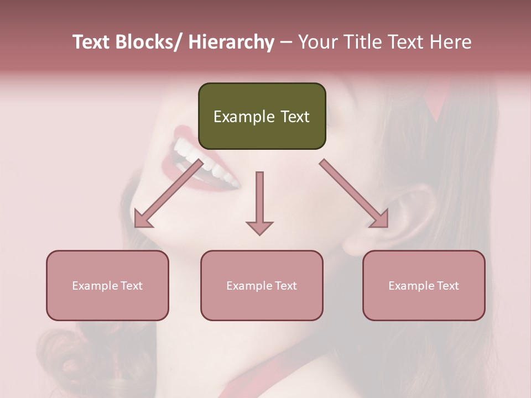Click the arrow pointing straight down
coord(259,199)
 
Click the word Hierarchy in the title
coord(231,42)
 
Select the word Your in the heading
coord(318,42)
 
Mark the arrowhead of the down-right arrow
coord(381,220)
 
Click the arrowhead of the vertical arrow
coord(259,227)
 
